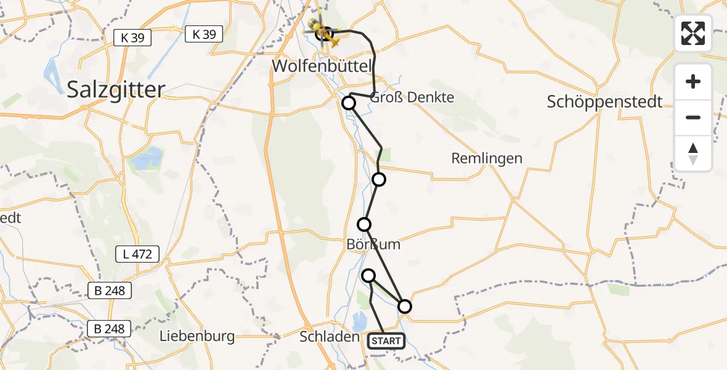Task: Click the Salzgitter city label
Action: coord(116,89)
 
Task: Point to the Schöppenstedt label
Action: coord(604,102)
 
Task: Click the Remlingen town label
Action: coord(487,158)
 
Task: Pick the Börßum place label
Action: coord(373,244)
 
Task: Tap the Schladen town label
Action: coord(329,337)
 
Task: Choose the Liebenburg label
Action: coord(197,337)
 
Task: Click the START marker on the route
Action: coord(386,341)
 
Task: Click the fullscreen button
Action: coord(693,33)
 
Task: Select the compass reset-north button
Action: coord(693,153)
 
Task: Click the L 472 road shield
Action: coord(137,253)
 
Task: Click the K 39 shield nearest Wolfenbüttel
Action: coord(204,35)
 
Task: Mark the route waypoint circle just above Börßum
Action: coord(365,224)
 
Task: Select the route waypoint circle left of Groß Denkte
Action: coord(349,102)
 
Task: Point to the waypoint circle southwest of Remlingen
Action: coord(379,179)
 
